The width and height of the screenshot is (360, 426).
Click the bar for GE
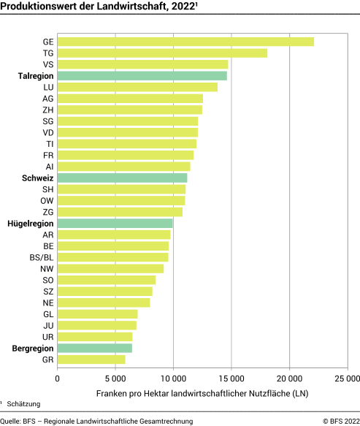(x=185, y=42)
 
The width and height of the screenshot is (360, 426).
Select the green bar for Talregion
(x=142, y=76)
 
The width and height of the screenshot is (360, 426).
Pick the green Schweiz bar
(x=122, y=178)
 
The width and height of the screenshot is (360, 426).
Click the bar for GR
(x=91, y=360)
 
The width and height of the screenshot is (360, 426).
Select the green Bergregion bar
(x=94, y=349)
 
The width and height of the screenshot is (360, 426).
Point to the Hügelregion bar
(x=115, y=223)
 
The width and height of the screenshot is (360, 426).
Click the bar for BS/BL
(x=112, y=257)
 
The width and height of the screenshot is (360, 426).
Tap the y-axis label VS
(x=47, y=64)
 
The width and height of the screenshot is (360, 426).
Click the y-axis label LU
(x=47, y=87)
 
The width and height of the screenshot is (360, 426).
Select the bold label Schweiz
(x=37, y=178)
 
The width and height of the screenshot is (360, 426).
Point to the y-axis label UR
(x=47, y=337)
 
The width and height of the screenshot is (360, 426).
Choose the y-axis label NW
(x=47, y=269)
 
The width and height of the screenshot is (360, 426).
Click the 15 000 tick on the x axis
(x=231, y=379)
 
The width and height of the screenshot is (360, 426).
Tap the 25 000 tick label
(x=347, y=379)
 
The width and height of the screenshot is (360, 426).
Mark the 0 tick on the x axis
(x=57, y=379)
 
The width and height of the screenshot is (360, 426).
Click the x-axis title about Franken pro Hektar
(x=202, y=394)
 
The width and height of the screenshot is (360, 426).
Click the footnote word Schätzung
(x=23, y=404)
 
